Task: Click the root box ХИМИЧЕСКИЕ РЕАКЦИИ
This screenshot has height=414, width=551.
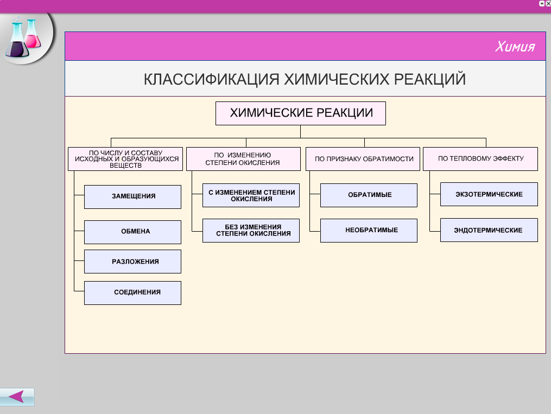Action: pos(300,113)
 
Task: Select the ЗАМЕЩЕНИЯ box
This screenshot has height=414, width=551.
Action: pos(132,196)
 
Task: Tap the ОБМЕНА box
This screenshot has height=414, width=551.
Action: pos(132,232)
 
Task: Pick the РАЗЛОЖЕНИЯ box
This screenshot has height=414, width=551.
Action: pos(132,261)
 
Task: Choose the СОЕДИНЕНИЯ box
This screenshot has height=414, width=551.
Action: pos(132,292)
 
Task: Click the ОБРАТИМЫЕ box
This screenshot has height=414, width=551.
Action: pos(369,195)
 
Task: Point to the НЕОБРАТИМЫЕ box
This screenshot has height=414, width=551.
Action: pos(369,231)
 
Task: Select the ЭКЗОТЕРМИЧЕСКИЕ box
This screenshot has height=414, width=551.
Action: pos(489,194)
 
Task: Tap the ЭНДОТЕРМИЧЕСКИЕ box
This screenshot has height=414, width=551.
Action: pos(489,230)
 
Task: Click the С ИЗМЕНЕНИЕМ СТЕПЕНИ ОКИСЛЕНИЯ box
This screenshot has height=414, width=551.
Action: pos(251,195)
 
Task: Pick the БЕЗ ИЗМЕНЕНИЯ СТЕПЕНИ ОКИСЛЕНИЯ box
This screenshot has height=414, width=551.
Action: pos(251,231)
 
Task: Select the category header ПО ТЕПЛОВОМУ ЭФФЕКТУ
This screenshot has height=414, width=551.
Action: pos(480,159)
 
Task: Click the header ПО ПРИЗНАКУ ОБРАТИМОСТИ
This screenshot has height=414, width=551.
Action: pos(363,159)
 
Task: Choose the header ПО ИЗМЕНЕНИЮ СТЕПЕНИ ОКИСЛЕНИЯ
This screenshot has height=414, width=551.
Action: pos(243,159)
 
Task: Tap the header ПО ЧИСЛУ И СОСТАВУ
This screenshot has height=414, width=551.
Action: pos(125,159)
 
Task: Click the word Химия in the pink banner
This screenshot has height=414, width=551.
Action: pos(515,46)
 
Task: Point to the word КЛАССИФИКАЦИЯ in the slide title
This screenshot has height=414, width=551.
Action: pos(212,79)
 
